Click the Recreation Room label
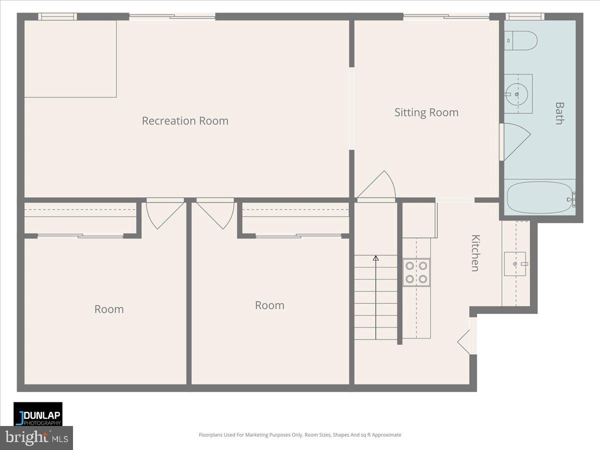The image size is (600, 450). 185,121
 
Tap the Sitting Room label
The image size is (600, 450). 426,112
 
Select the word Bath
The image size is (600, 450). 559,113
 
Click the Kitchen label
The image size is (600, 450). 475,253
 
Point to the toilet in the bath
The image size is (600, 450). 521,40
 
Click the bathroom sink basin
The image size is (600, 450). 515,93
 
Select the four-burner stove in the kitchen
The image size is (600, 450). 416,272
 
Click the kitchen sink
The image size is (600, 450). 515,263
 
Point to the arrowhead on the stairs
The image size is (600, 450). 375,258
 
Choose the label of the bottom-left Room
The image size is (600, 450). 109,309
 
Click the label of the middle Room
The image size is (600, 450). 269,305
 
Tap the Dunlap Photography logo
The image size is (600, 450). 38,414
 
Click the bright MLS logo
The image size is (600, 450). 36,438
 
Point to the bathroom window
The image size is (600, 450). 524,16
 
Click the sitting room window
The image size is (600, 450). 446,16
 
